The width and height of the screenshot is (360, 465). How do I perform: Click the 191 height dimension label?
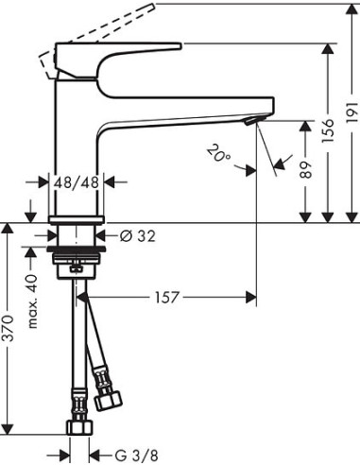[x=352, y=111]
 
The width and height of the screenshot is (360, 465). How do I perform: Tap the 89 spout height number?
[x=303, y=169]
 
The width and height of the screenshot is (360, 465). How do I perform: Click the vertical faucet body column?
[x=77, y=142]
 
